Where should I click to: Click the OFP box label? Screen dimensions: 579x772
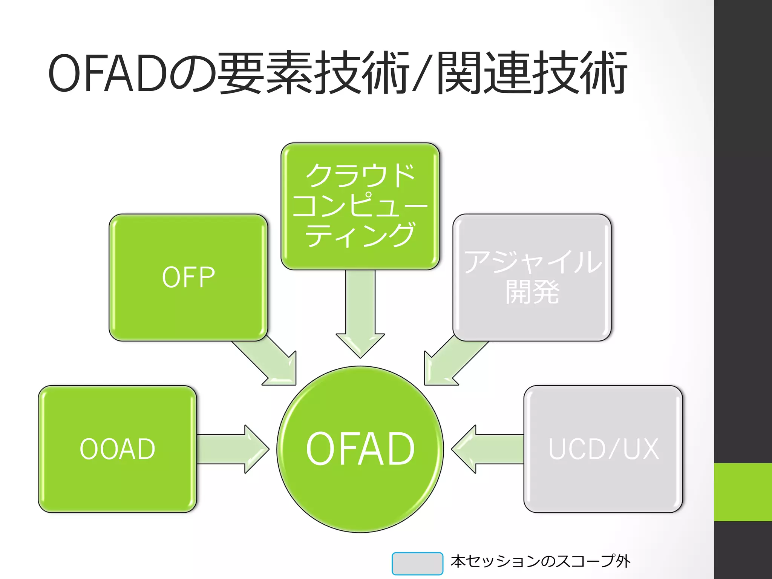click(188, 277)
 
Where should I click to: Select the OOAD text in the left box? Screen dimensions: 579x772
click(117, 449)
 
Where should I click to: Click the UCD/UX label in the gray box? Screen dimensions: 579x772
click(603, 449)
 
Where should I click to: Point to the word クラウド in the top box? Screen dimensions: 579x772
click(360, 176)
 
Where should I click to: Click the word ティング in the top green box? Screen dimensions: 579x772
click(360, 235)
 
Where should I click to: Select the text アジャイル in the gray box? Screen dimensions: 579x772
click(532, 262)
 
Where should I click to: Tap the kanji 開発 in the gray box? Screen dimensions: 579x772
click(532, 291)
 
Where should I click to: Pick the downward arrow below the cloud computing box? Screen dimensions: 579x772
click(360, 313)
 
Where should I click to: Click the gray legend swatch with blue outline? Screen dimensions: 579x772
click(417, 563)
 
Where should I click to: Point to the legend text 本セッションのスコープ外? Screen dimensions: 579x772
click(540, 561)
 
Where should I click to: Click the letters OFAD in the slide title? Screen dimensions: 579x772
click(107, 74)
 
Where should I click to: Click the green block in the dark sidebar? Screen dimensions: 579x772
click(743, 492)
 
